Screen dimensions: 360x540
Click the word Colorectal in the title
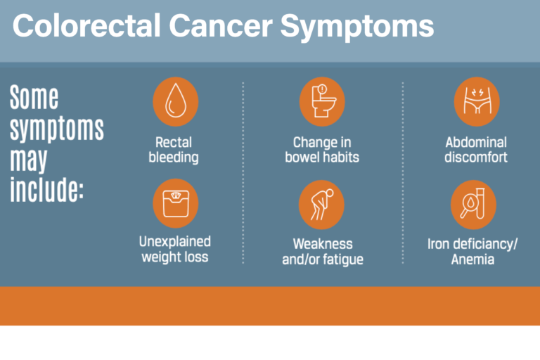[x=84, y=27]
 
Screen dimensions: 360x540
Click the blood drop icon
[x=175, y=101]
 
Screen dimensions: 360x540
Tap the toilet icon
[x=322, y=101]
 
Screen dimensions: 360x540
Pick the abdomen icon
[x=476, y=101]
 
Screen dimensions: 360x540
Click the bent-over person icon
[x=322, y=205]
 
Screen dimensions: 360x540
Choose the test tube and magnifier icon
[x=473, y=205]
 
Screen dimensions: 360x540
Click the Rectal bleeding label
[x=174, y=149]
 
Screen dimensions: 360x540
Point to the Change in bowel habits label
[x=322, y=149]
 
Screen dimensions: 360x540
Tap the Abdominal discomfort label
[x=476, y=149]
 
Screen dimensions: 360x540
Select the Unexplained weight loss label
[x=174, y=249]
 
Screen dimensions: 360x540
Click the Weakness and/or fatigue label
[x=322, y=252]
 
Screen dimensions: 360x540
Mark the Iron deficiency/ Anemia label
[x=472, y=252]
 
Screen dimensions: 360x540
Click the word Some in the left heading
[x=34, y=98]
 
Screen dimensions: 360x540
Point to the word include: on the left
[x=46, y=190]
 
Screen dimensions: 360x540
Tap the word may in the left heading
[x=28, y=160]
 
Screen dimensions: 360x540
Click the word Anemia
[x=472, y=259]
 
